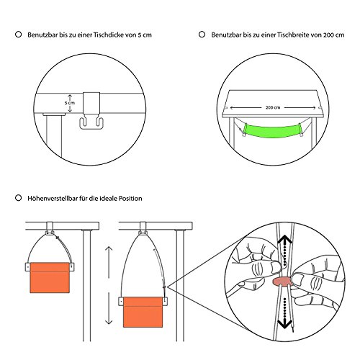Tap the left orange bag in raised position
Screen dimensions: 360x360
(x=50, y=279)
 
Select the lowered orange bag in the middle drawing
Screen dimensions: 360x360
(x=144, y=314)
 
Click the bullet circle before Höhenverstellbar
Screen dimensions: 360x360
(x=17, y=196)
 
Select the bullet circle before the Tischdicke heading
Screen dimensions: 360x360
(x=17, y=34)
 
